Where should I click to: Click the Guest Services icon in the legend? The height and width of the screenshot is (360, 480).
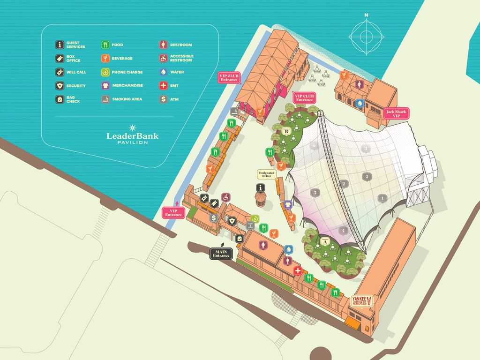60,45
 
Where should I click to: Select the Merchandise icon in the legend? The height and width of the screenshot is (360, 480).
105,86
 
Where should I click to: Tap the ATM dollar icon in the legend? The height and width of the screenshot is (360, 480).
163,99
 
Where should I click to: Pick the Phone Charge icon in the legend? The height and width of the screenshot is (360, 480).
105,72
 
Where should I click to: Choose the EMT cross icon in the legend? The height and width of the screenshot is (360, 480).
163,86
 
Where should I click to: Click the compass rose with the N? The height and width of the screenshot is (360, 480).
366,36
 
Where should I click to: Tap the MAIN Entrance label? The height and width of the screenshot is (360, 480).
221,254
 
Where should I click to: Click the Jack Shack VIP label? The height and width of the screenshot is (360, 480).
396,113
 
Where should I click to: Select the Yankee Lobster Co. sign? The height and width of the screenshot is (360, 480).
362,300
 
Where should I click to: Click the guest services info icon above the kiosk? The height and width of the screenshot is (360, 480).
261,188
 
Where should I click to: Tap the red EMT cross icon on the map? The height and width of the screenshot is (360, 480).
298,270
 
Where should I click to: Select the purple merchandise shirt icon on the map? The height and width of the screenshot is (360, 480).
288,205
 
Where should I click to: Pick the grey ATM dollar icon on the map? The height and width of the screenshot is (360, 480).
213,217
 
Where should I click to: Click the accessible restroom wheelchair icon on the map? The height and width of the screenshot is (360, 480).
225,197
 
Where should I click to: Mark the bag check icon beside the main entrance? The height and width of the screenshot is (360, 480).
240,238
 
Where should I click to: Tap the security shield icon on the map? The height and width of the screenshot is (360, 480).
232,220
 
